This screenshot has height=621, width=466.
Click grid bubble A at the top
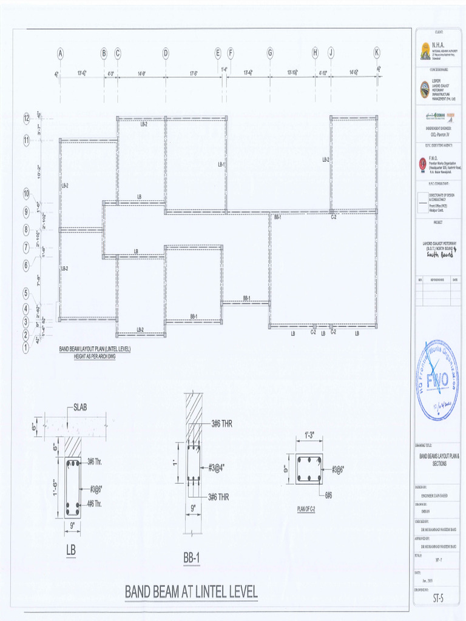click(x=60, y=53)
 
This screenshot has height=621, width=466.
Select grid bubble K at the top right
click(x=377, y=53)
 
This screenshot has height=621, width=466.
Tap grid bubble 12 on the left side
click(x=27, y=118)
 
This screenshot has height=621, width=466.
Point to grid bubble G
click(x=270, y=53)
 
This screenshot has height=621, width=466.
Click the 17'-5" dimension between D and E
click(x=194, y=73)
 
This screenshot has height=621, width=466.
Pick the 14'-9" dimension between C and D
click(x=141, y=73)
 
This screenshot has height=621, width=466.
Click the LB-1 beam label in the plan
click(x=221, y=164)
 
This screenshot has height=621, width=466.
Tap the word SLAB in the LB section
click(x=80, y=407)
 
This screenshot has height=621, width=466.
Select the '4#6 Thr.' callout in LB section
click(x=95, y=503)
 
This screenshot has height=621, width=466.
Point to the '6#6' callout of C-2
click(x=328, y=495)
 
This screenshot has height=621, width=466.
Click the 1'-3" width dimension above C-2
click(x=309, y=435)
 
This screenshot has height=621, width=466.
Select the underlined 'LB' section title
click(x=72, y=550)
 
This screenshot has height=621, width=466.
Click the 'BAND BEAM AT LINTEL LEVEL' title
click(x=191, y=591)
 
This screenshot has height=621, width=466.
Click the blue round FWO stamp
click(x=437, y=380)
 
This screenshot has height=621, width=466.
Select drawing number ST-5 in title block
click(x=438, y=598)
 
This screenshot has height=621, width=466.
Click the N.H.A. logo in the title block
click(x=425, y=50)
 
